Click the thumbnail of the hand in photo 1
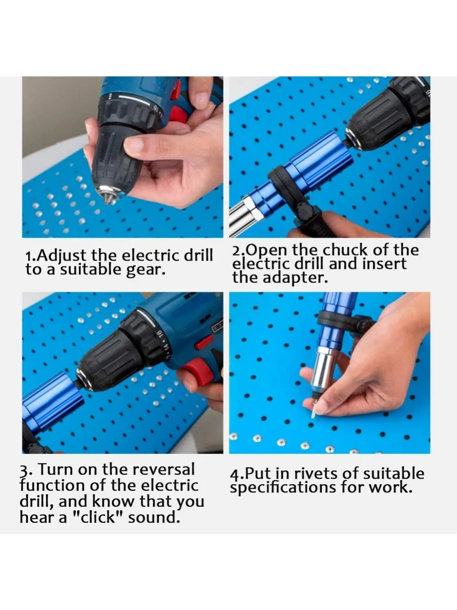(134, 145)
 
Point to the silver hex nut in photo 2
(253, 207)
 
